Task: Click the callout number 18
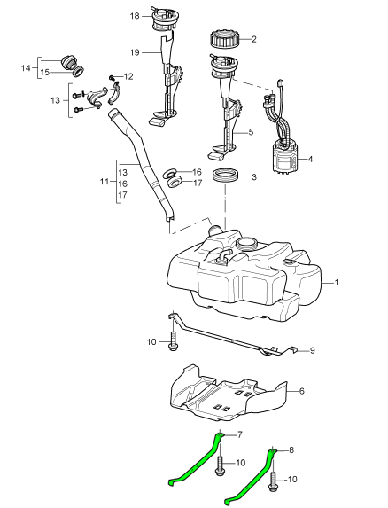point(135,16)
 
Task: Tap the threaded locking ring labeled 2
point(223,40)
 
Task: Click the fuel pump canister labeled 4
point(283,158)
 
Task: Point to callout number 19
point(135,52)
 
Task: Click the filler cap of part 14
point(68,61)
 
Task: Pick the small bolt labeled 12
point(112,77)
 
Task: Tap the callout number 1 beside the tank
point(337,283)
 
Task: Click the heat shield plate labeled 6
point(227,394)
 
